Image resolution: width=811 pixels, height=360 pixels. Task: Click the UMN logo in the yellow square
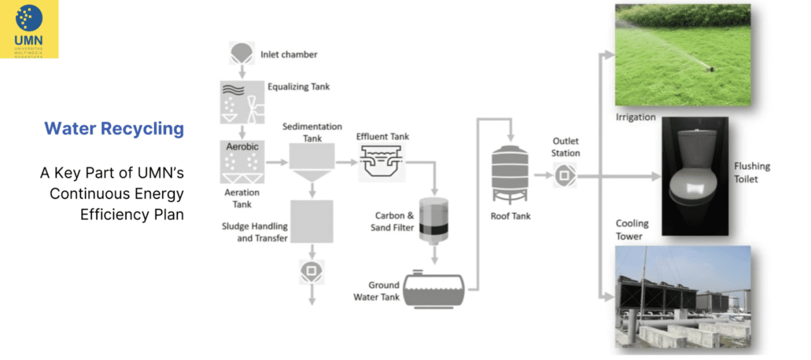click(29, 29)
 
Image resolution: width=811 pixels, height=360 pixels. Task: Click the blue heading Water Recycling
click(114, 129)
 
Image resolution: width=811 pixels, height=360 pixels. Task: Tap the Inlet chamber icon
click(241, 53)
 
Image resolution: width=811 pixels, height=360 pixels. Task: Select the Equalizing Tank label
click(298, 86)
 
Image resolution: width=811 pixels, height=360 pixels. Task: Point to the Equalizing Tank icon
click(241, 102)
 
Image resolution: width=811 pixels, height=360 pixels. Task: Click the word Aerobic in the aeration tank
click(242, 146)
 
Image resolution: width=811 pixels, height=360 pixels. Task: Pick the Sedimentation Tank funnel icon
click(311, 162)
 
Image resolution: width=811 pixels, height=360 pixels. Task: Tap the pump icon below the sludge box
click(311, 271)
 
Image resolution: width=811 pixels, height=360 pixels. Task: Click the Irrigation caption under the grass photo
click(635, 117)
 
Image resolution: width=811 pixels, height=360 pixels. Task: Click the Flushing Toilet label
click(752, 172)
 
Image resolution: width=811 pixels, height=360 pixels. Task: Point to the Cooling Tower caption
click(632, 229)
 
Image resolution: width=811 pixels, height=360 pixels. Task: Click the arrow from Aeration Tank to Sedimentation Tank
click(276, 162)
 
